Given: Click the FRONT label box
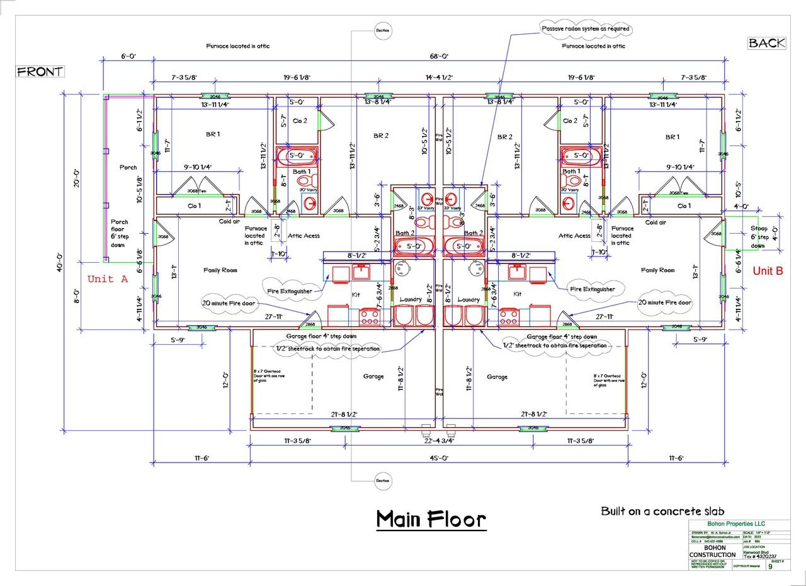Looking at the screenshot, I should click(40, 71).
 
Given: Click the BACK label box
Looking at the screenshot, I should click(766, 43).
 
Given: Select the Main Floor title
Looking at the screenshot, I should click(431, 519).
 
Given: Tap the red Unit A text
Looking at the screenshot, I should click(107, 279).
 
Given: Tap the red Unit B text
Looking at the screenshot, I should click(768, 271).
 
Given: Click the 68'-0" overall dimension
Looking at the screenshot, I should click(439, 56).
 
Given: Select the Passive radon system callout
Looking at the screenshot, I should click(586, 29).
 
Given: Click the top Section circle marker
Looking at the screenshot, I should click(383, 30).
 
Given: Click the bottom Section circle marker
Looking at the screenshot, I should click(383, 481).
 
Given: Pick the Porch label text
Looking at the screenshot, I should click(128, 167).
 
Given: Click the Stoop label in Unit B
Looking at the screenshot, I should click(759, 229).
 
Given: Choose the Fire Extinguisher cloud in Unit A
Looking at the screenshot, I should click(289, 291).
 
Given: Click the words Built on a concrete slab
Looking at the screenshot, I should click(663, 511).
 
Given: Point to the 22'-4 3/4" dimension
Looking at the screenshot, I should click(439, 441).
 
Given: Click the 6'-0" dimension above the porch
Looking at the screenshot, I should click(128, 56).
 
